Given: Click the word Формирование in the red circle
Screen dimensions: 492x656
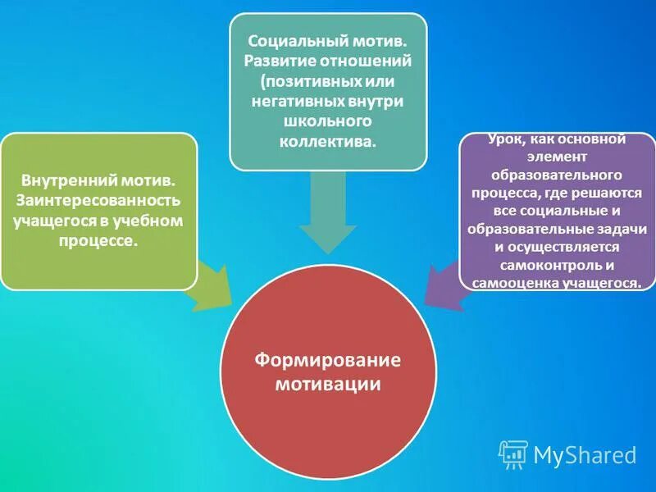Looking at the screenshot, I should (327, 361).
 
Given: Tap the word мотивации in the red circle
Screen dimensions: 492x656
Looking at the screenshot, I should (328, 383).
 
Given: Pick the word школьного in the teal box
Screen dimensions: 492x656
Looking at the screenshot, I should (328, 121).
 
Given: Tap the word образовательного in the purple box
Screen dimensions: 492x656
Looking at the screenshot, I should (558, 175).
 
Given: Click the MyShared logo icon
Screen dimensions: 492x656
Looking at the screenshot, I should (513, 453).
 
